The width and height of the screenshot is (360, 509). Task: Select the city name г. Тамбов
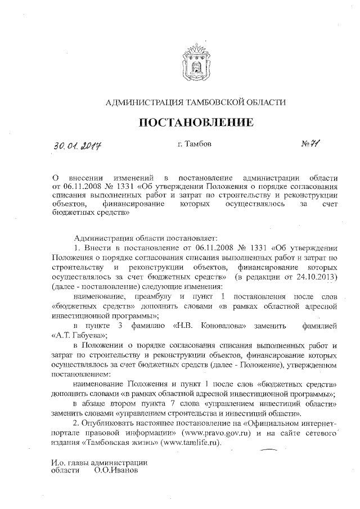point(194,144)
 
